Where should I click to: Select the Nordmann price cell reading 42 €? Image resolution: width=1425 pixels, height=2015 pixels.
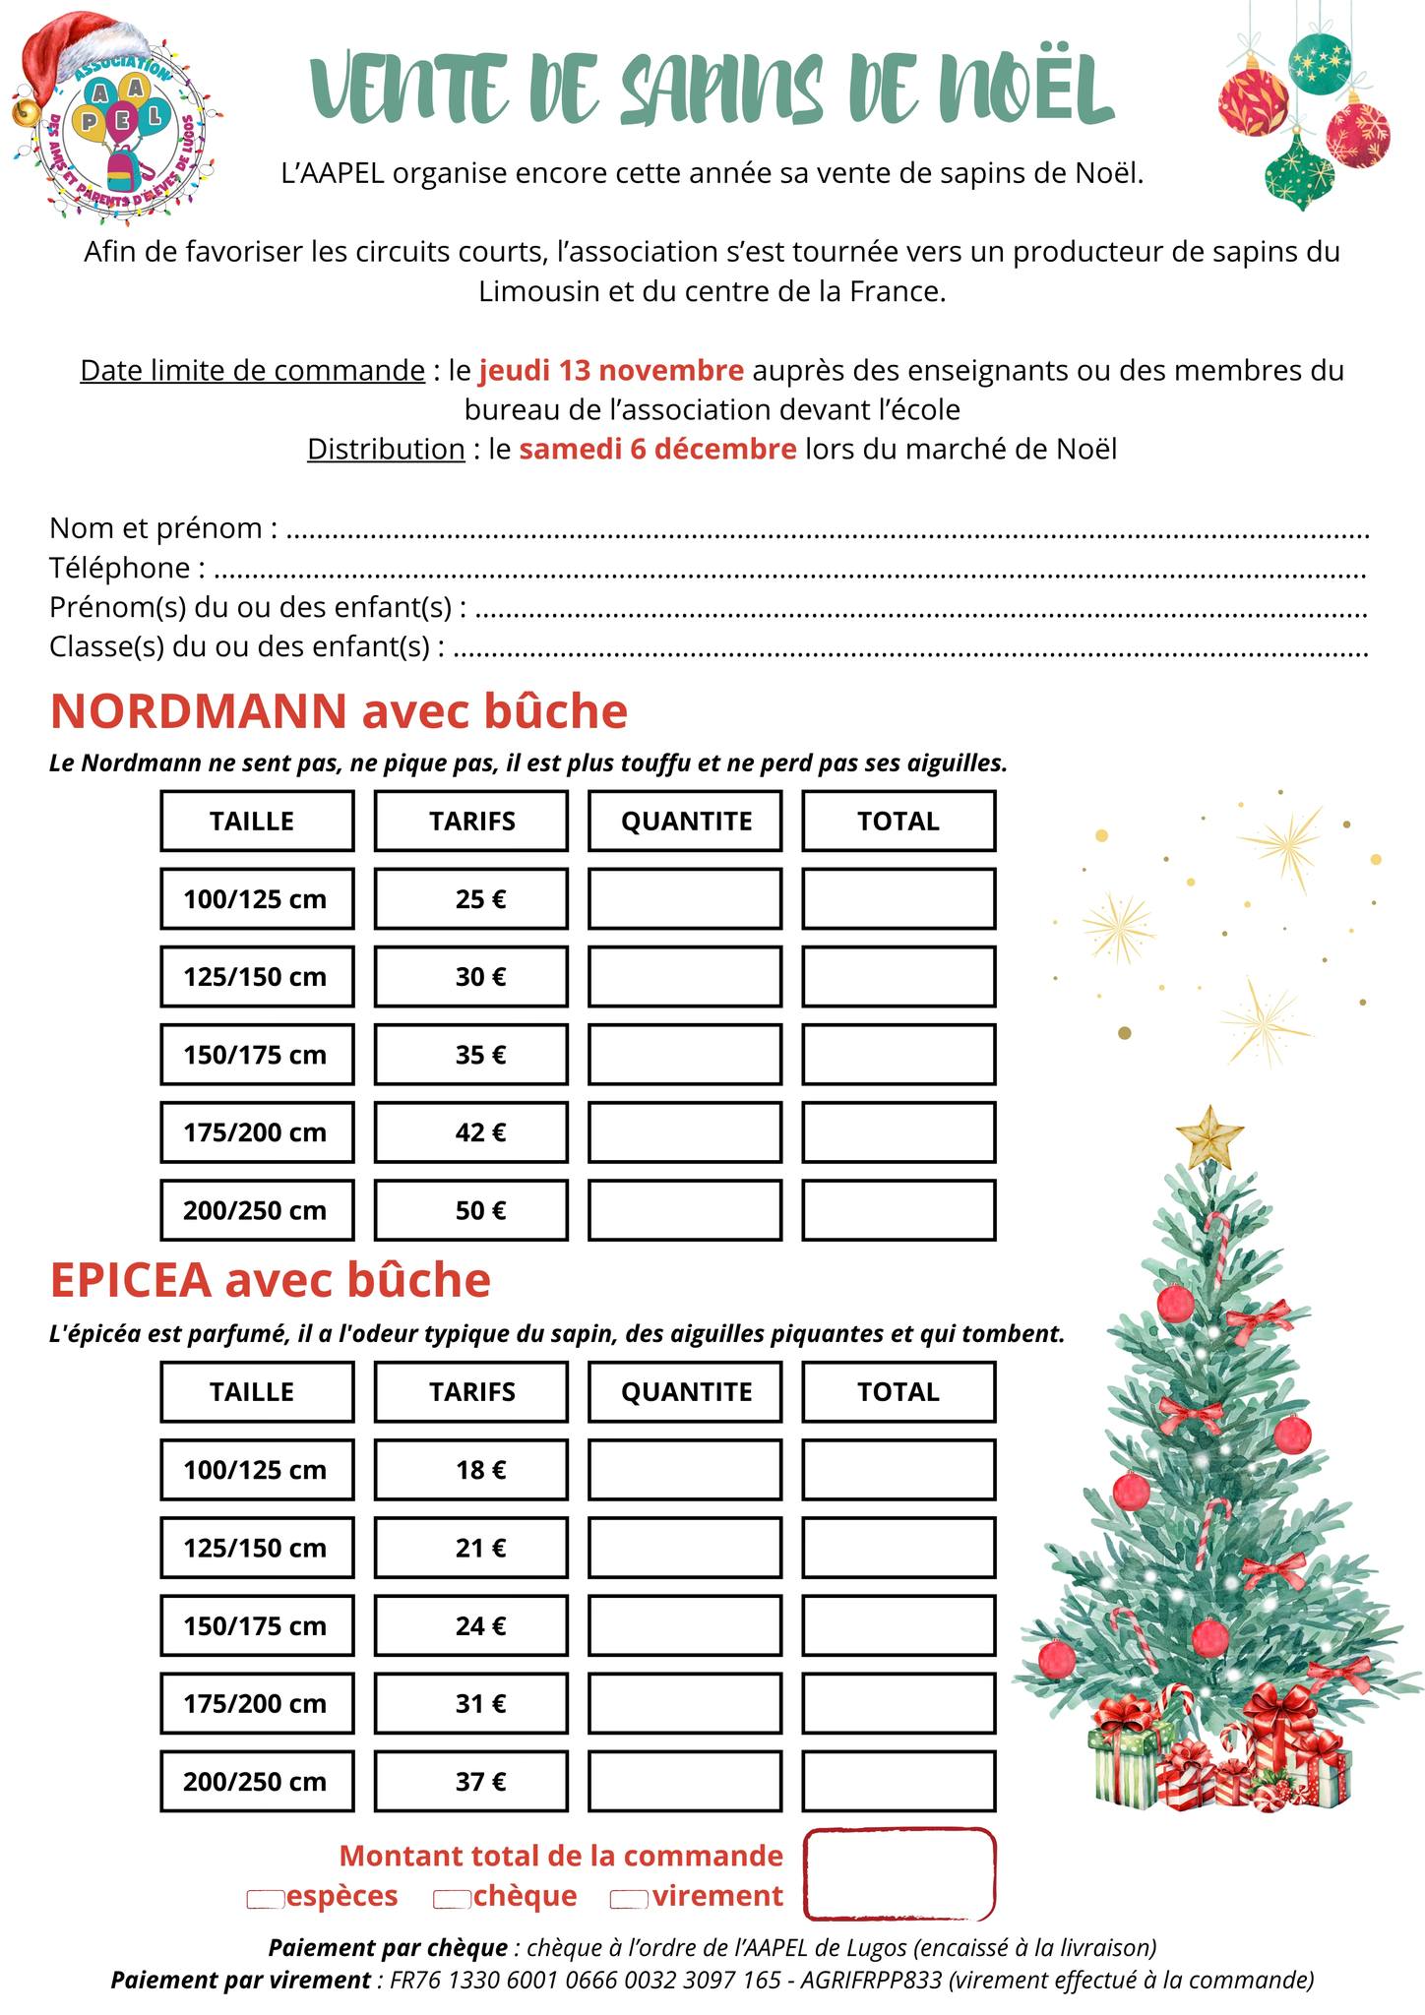tap(471, 1132)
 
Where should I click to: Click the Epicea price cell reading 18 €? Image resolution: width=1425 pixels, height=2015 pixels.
tap(471, 1470)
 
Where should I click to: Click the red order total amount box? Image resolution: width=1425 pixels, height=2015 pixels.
tap(898, 1874)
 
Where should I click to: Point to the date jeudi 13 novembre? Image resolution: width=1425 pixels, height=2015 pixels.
tap(611, 371)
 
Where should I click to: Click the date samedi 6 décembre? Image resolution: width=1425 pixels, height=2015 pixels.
tap(657, 450)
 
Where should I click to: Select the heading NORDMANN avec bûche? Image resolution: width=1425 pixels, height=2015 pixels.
tap(339, 711)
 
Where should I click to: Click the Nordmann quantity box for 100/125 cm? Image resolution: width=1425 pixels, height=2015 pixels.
tap(685, 899)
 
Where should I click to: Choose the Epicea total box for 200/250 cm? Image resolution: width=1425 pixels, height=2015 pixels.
tap(898, 1781)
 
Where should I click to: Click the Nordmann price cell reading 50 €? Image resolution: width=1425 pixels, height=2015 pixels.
tap(471, 1210)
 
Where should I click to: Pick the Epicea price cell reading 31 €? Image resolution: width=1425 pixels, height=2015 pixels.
tap(471, 1703)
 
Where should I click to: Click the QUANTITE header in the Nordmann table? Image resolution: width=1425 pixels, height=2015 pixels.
tap(685, 822)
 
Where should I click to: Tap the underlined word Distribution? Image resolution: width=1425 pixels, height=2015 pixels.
tap(386, 450)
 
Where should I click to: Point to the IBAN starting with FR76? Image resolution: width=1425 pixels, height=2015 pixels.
tap(585, 1981)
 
